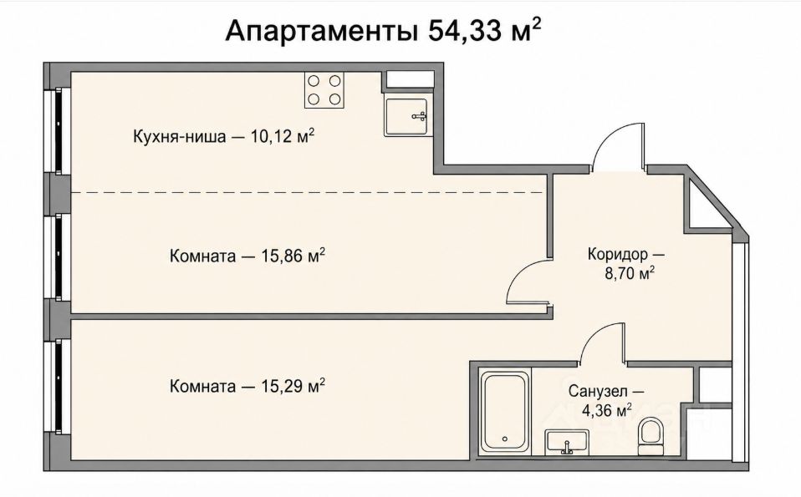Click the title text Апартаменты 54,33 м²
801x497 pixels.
point(383,31)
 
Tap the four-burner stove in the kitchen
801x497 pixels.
point(324,90)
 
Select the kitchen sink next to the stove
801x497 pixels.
point(406,117)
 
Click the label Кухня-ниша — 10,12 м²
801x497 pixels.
point(223,136)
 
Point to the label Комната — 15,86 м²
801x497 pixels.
point(247,255)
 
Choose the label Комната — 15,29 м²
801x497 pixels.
point(247,386)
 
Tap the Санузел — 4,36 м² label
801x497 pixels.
point(606,401)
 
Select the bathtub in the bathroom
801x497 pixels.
point(505,411)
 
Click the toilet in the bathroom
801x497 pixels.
point(650,435)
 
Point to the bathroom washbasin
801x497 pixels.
point(567,442)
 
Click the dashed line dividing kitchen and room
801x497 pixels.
point(307,192)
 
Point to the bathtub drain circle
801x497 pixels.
point(505,439)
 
